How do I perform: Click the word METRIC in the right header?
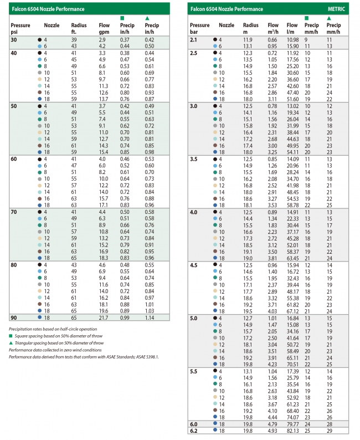(336, 9)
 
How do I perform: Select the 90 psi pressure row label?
(14, 318)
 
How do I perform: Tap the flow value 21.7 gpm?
(103, 318)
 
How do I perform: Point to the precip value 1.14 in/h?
(150, 318)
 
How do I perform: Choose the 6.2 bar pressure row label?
(194, 431)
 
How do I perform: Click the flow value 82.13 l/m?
(293, 431)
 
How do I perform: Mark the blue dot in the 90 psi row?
(39, 317)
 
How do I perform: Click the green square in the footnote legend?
(11, 336)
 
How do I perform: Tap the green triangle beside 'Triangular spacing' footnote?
(11, 343)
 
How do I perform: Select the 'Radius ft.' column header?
(79, 28)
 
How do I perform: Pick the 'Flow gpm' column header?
(104, 28)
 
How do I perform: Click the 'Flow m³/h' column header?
(273, 28)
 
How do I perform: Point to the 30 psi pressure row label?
(14, 39)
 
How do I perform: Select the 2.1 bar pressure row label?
(193, 39)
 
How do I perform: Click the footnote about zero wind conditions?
(55, 350)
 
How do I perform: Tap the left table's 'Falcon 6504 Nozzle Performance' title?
(48, 9)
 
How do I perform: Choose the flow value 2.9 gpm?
(102, 39)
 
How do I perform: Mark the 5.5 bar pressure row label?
(194, 371)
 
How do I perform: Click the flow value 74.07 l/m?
(293, 417)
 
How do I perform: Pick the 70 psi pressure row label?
(14, 212)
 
